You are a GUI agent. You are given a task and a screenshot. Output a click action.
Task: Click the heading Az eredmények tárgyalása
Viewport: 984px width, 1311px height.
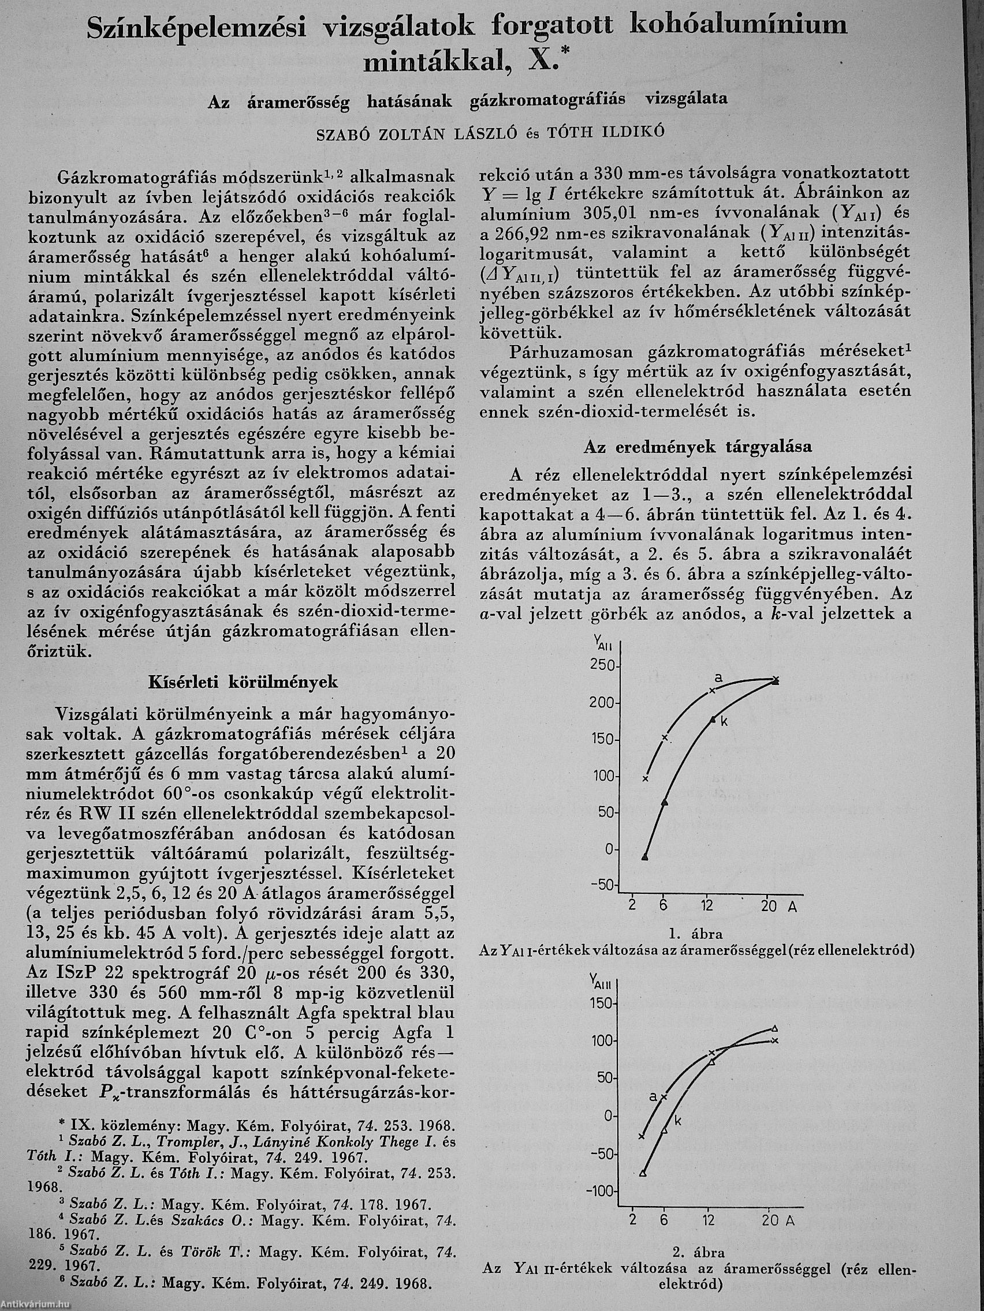tap(698, 445)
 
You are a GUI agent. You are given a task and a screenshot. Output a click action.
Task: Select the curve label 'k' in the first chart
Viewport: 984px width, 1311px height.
tap(724, 721)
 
